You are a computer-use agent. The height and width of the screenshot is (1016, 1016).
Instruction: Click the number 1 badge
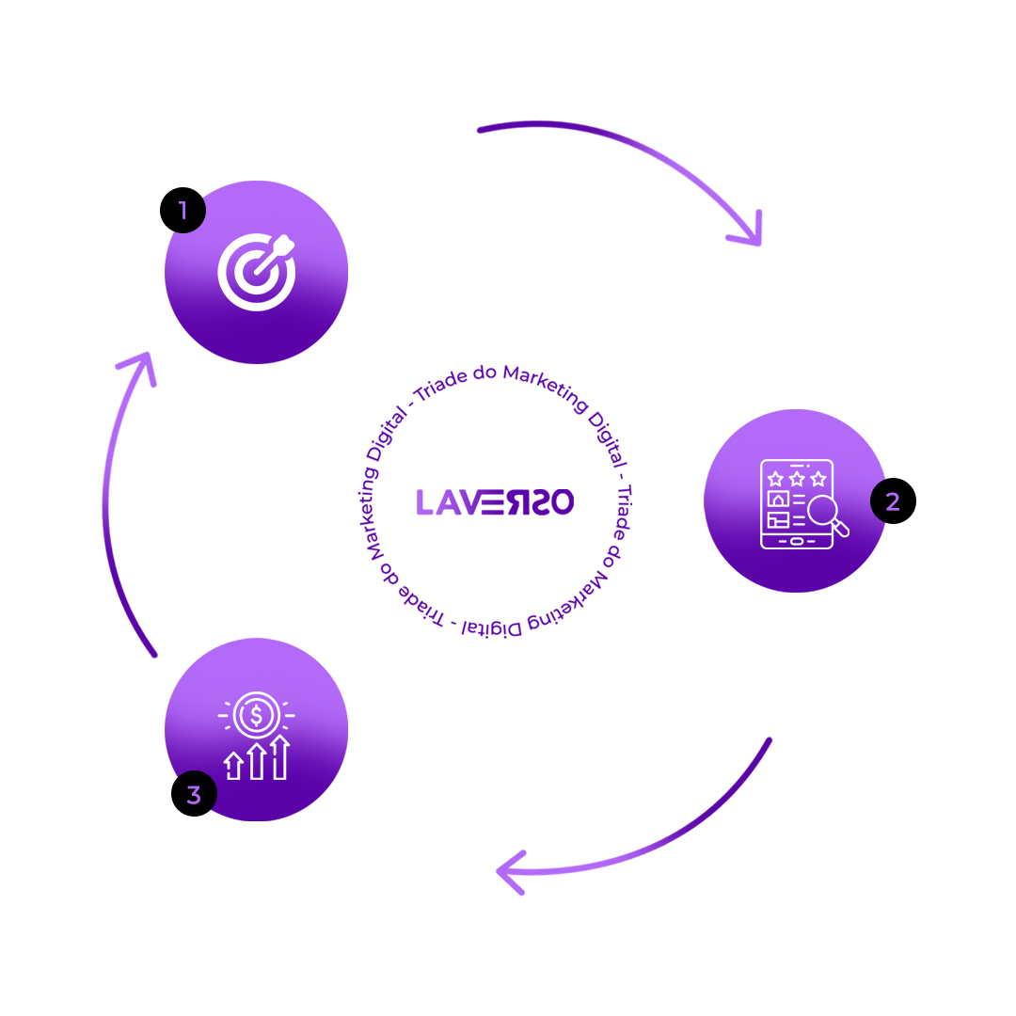point(183,212)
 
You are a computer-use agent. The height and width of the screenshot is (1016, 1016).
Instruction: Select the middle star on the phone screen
point(797,479)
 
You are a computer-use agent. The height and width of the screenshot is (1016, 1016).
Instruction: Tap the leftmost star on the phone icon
point(776,479)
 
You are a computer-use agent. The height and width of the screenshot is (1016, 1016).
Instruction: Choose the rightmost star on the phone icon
point(818,479)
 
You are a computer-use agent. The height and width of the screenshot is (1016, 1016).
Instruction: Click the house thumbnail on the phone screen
point(778,499)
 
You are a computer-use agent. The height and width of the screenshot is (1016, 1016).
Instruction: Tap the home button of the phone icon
point(796,542)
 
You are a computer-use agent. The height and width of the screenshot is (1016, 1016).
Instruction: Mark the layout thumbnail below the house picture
point(778,519)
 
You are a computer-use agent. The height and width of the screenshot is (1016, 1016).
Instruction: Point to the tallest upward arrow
point(278,757)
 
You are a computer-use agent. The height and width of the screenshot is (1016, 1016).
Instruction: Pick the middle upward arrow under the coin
point(256,761)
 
